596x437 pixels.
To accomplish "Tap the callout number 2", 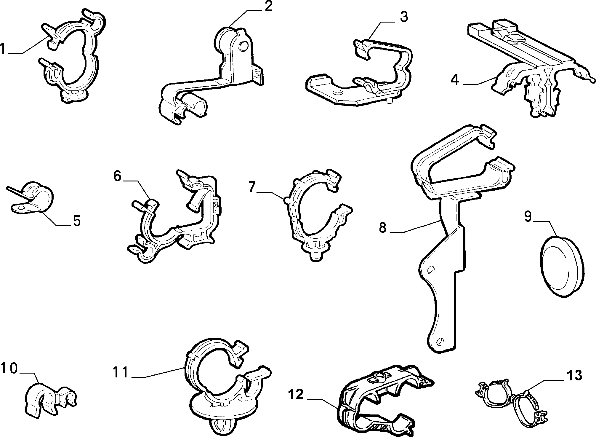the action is point(268,6).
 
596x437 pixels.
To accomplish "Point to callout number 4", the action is point(455,79).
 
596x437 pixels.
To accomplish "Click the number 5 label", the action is point(77,221).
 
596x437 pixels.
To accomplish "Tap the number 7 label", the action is point(252,187).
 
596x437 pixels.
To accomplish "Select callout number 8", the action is point(383,228).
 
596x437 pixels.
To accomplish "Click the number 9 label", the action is point(528,216).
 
